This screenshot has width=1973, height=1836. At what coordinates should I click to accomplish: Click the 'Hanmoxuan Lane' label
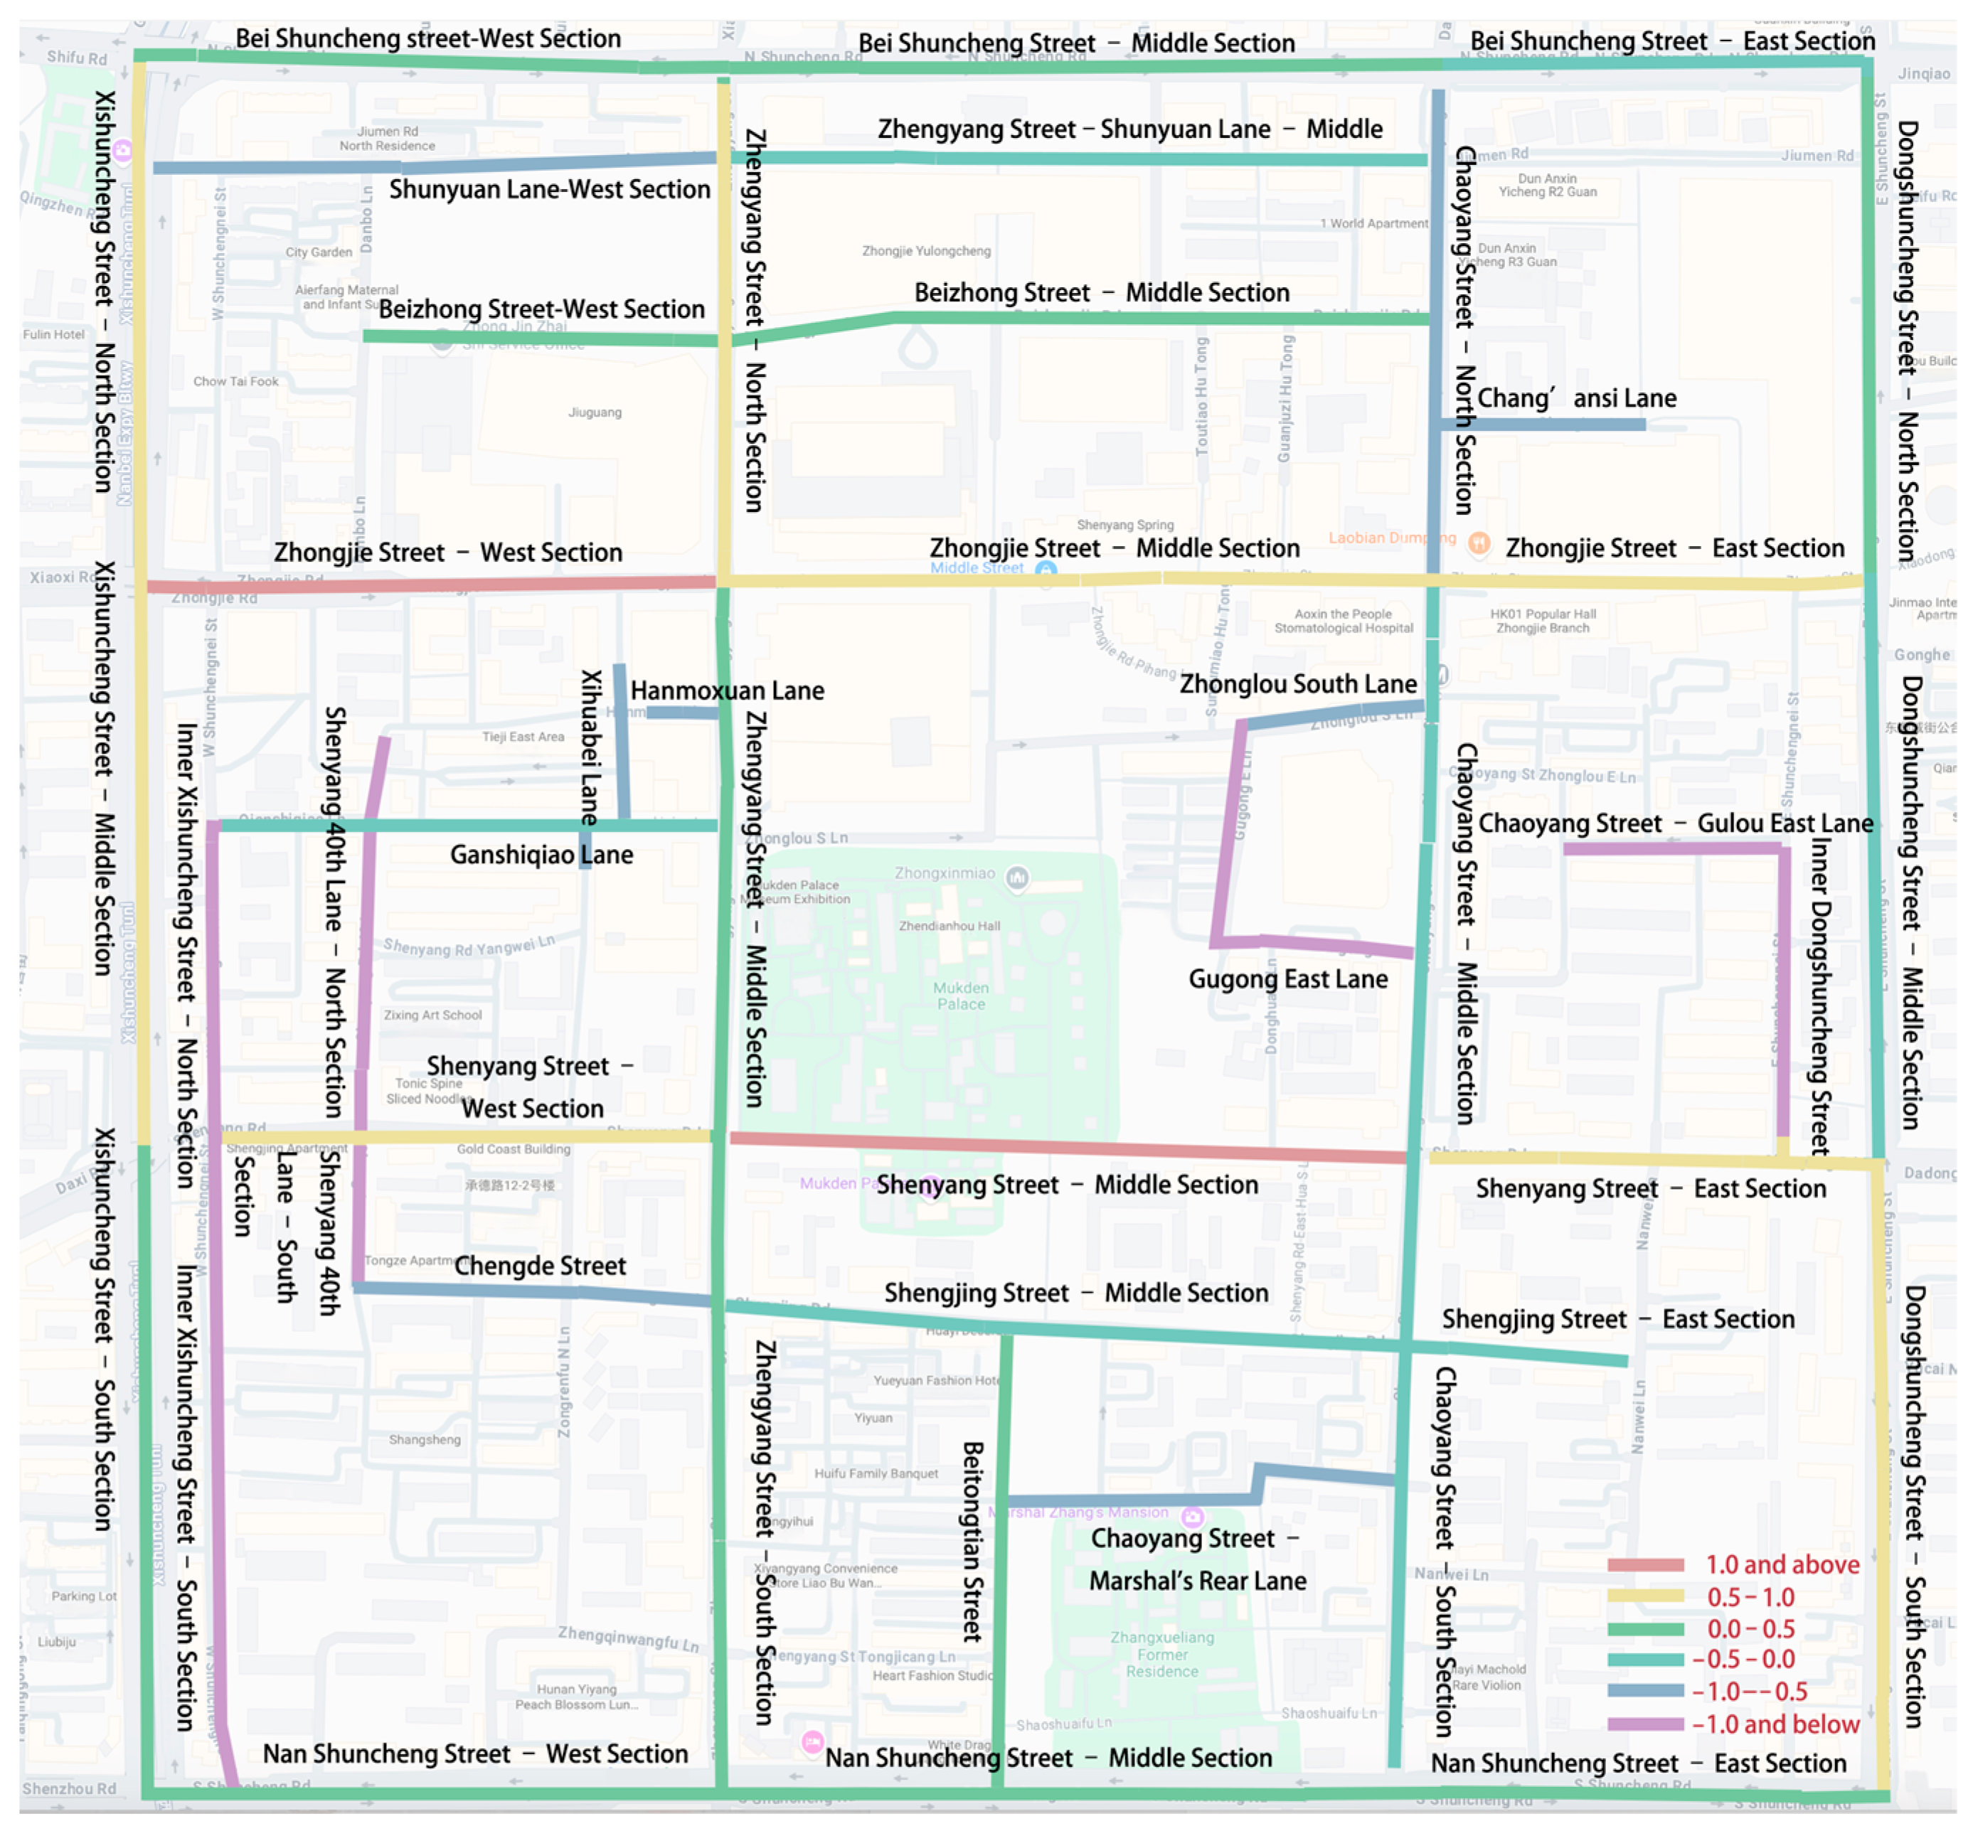tap(728, 690)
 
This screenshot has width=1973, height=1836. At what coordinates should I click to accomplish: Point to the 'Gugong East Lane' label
tap(1287, 980)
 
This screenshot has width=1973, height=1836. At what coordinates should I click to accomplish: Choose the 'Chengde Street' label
tap(540, 1266)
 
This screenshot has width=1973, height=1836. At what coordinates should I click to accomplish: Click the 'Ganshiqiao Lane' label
tap(541, 855)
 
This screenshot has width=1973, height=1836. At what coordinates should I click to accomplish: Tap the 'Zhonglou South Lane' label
tap(1297, 684)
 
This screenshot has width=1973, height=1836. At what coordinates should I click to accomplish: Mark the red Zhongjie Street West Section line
tap(427, 585)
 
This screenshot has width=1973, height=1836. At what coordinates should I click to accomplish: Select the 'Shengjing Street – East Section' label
tap(1617, 1320)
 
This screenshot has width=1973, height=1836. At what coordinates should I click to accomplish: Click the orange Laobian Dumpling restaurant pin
tap(1479, 543)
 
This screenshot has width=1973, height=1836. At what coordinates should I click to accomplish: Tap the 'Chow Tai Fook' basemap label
tap(235, 381)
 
